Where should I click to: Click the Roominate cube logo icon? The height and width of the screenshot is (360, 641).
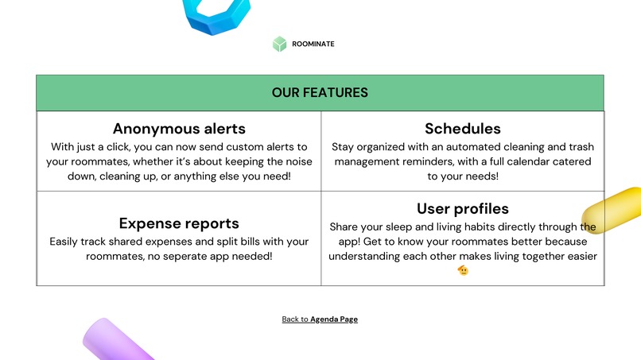[279, 45]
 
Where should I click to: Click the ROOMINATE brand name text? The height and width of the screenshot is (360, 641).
[313, 45]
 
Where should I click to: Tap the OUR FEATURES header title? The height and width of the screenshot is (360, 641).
[320, 93]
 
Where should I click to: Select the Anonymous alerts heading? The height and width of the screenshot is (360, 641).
[179, 129]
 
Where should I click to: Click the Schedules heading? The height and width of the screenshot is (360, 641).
[463, 129]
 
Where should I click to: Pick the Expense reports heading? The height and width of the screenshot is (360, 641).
[179, 223]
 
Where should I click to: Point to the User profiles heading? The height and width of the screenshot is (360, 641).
[463, 209]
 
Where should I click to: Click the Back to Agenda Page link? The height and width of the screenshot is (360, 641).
[320, 319]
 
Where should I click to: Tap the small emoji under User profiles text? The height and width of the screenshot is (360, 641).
[463, 271]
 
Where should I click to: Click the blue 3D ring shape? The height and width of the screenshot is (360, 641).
[216, 17]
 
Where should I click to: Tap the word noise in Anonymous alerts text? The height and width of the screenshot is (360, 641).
[295, 161]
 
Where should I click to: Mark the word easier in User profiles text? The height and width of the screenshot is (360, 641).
[578, 256]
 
